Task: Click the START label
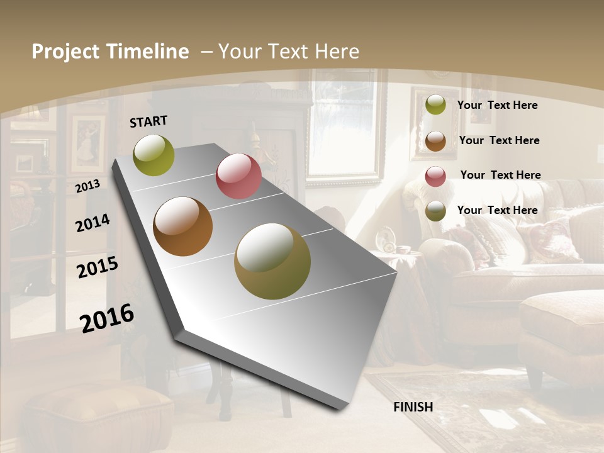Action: [x=148, y=121]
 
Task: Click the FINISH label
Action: [x=413, y=407]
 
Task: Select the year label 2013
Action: [x=87, y=186]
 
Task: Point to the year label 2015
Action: [x=98, y=267]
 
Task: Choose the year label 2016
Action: [x=107, y=318]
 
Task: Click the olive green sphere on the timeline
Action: [x=154, y=155]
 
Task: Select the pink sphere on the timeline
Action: [x=238, y=176]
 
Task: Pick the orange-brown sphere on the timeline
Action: [x=183, y=226]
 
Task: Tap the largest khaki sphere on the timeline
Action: [x=272, y=261]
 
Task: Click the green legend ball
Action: [x=435, y=105]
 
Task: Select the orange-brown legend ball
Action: [x=435, y=141]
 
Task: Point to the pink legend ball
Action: [x=435, y=176]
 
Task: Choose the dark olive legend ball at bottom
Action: [x=435, y=211]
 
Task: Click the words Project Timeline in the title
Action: [x=110, y=52]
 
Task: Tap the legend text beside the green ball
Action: [x=497, y=105]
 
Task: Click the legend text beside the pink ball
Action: [x=500, y=175]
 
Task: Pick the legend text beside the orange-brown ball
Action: [x=499, y=140]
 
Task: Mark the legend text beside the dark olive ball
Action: [x=497, y=210]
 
